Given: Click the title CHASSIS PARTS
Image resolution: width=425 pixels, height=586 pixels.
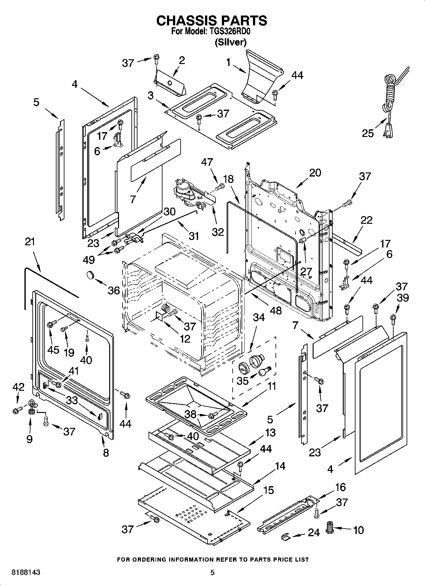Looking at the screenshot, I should coord(212,21).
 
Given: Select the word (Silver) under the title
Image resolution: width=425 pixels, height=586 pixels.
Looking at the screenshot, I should coord(231,42).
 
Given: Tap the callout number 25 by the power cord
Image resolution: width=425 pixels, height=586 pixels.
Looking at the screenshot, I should coord(368,133).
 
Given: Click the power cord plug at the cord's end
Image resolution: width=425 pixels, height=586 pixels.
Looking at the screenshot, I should coord(390,130).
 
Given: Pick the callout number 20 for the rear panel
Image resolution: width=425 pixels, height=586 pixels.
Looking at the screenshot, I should coord(315,173).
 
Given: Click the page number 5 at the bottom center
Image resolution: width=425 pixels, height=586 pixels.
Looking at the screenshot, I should coord(212,572).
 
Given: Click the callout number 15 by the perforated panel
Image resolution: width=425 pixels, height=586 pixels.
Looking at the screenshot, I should coord(269,490).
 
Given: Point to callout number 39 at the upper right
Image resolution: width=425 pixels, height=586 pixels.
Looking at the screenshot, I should coord(403,298).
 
